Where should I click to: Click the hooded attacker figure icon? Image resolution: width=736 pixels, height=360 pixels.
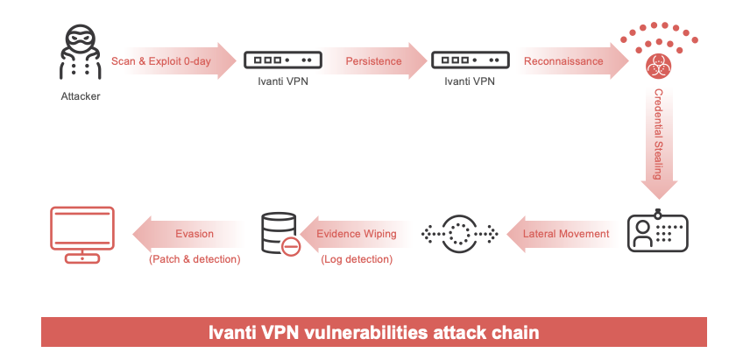click(80, 54)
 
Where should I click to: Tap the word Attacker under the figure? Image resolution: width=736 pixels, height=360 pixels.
click(80, 95)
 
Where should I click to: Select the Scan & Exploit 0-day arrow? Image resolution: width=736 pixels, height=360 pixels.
click(171, 61)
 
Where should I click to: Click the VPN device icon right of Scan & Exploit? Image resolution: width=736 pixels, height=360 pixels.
click(280, 60)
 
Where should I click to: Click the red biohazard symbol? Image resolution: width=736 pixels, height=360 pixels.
click(656, 67)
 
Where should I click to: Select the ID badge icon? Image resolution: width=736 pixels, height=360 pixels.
click(656, 233)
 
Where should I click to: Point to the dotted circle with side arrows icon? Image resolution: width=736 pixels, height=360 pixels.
click(460, 234)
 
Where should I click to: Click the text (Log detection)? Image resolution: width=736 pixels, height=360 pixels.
click(357, 259)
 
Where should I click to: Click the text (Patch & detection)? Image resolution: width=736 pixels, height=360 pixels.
click(195, 259)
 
